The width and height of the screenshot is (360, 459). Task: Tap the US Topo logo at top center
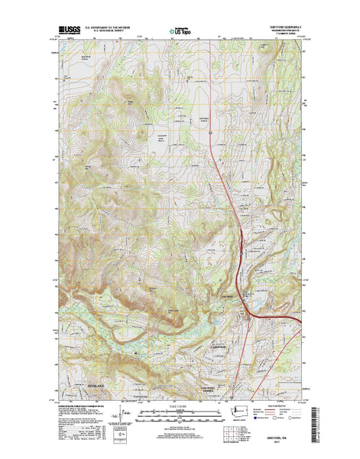[180, 33]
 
